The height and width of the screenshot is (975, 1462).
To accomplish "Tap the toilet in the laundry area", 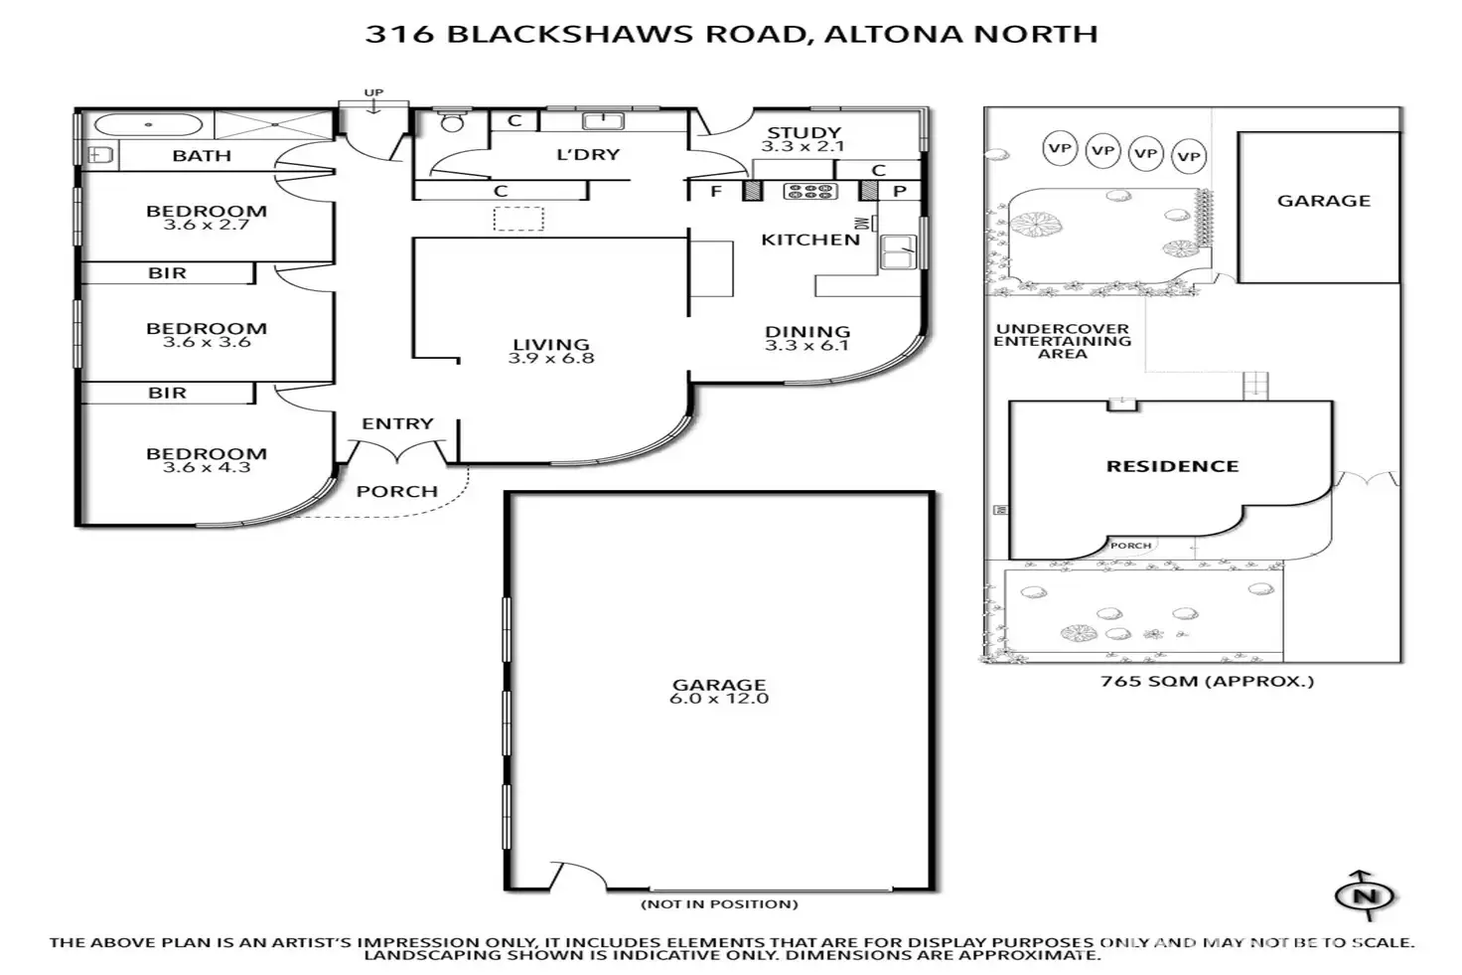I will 453,122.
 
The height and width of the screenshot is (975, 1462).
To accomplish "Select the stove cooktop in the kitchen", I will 810,191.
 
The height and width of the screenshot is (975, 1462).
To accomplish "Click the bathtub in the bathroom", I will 148,126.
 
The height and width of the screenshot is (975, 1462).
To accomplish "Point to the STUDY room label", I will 804,132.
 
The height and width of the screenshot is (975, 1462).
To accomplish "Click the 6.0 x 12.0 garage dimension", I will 719,699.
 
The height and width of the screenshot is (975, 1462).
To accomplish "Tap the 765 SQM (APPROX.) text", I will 1207,682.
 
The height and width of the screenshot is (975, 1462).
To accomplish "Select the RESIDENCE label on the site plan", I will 1172,466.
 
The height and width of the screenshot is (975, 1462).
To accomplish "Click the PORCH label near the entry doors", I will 397,491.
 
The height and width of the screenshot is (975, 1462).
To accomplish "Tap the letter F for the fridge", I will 716,191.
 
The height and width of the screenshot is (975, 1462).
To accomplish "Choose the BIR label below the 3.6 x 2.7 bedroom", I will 167,273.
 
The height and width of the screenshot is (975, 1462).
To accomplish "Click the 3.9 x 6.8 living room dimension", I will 551,359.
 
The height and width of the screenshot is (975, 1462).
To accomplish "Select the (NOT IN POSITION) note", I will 719,904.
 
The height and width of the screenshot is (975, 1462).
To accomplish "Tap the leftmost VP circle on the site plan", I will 1060,149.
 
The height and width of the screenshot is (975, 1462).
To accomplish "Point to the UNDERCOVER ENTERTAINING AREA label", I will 1062,341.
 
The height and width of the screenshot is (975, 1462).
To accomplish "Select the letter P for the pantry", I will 900,191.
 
